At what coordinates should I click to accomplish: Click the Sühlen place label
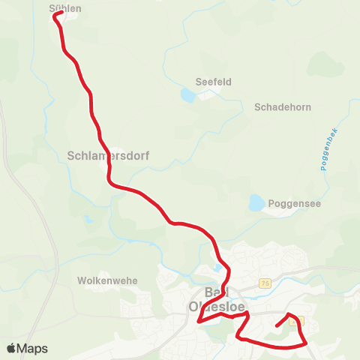click(64, 8)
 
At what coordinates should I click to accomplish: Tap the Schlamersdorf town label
click(108, 157)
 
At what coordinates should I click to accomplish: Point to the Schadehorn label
click(283, 106)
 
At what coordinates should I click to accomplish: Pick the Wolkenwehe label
click(107, 280)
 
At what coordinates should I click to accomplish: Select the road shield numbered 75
click(265, 283)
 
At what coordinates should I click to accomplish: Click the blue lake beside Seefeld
click(187, 94)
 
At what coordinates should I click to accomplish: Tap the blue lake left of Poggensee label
click(256, 202)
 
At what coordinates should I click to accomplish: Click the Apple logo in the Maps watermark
click(11, 348)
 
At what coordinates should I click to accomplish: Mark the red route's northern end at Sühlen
click(56, 14)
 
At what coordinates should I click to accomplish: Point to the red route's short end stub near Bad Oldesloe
click(278, 325)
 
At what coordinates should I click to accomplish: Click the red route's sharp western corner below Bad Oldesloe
click(199, 322)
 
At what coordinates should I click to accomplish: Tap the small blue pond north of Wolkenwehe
click(88, 220)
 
